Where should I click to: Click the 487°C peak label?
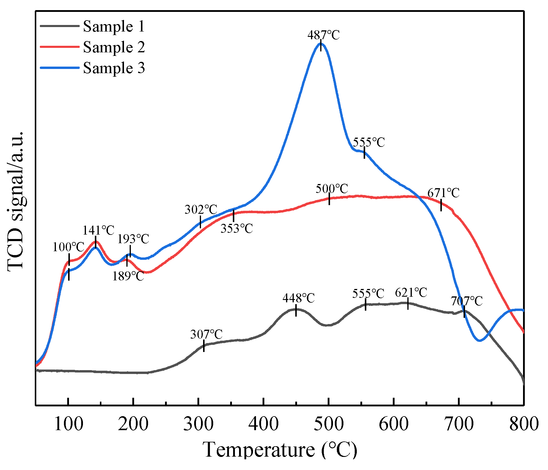(323, 35)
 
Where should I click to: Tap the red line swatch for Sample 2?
(59, 47)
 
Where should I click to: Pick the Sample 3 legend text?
(114, 68)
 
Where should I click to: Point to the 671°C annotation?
(443, 193)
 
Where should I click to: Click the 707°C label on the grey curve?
(467, 301)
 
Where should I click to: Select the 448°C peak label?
(299, 298)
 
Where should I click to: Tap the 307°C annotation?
(206, 334)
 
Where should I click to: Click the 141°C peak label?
(98, 230)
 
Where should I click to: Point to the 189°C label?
(128, 276)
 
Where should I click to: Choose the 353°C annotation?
(237, 229)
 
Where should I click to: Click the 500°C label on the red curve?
(332, 189)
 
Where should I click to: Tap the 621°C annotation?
(411, 293)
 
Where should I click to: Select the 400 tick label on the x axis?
(263, 424)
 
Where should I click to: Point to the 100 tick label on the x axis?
(68, 424)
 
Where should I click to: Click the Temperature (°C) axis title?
(280, 449)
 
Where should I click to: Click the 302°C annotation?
(201, 210)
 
